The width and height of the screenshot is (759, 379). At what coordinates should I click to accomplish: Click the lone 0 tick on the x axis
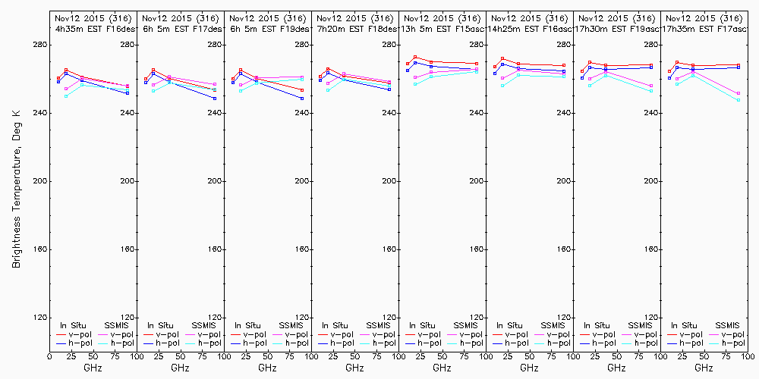[50, 356]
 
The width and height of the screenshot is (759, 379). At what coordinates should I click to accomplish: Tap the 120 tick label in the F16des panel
[128, 318]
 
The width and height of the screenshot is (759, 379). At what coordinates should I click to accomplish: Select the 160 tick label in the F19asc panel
[652, 249]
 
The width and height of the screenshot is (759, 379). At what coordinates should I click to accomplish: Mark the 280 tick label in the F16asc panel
[565, 45]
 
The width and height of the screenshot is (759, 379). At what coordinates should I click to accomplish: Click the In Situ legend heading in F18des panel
[335, 325]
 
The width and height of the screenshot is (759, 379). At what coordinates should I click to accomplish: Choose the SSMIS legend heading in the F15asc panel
[467, 325]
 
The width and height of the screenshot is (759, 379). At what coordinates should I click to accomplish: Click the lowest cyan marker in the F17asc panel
[739, 100]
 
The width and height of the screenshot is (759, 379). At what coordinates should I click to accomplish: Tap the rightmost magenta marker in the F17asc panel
[739, 93]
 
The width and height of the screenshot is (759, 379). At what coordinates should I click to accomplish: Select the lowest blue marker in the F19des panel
[302, 99]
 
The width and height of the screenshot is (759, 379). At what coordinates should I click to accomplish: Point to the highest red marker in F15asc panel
[416, 57]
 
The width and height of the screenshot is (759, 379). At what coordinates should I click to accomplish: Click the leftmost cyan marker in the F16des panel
[66, 96]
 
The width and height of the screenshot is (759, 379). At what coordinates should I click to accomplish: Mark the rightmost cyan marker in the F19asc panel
[651, 91]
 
